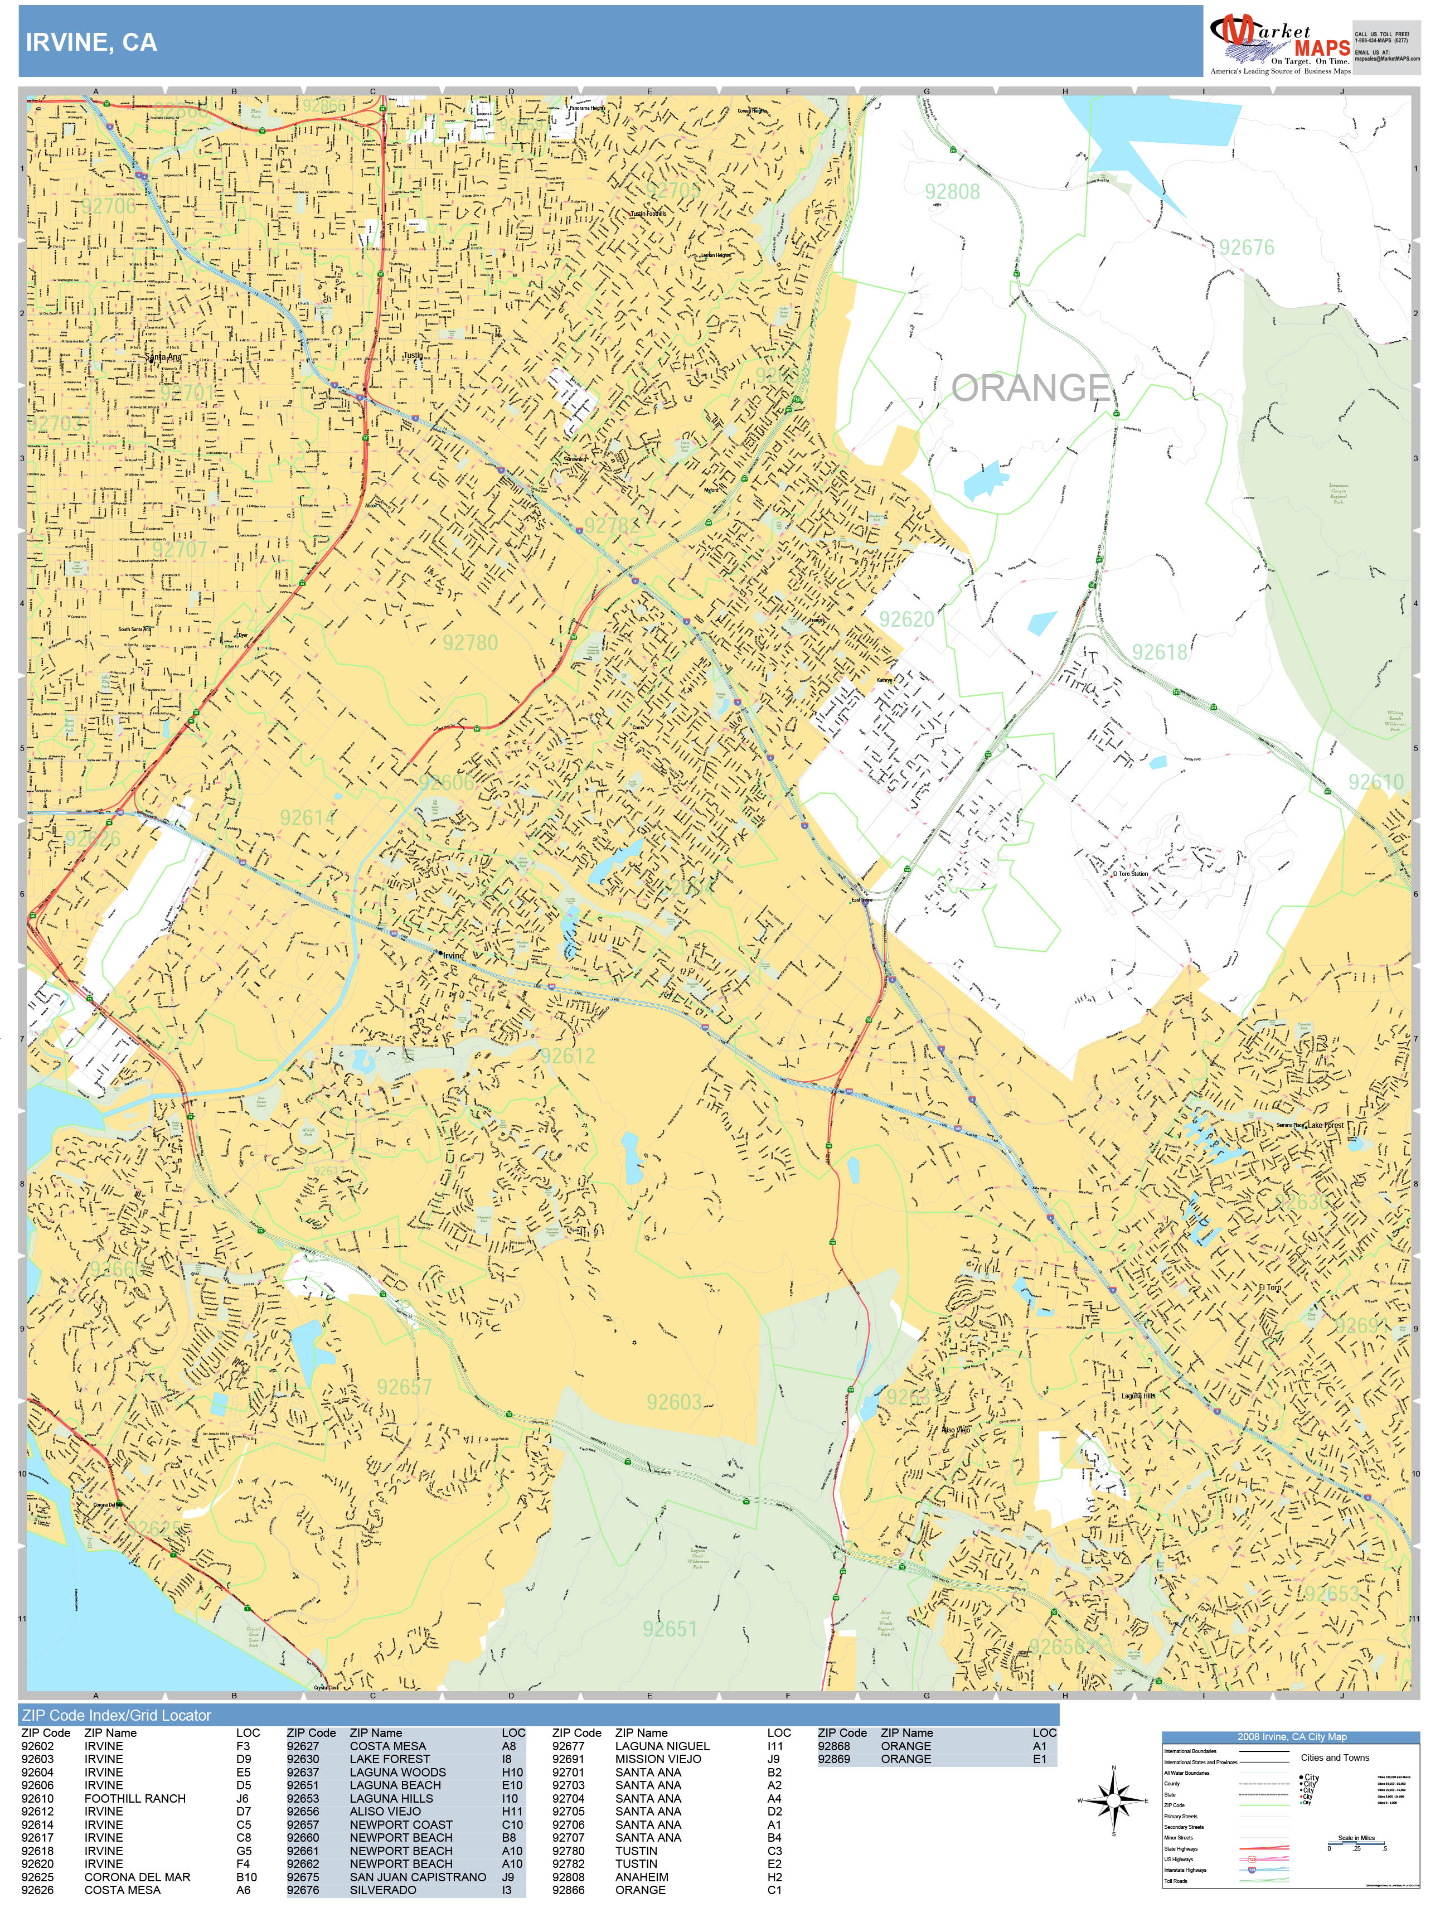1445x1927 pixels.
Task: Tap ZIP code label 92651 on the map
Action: (669, 1629)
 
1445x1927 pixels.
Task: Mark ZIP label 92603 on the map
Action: (673, 1402)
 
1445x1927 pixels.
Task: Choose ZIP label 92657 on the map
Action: (404, 1387)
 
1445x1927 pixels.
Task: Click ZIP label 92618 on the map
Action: (1160, 652)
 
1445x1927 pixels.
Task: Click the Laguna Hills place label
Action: (1137, 1396)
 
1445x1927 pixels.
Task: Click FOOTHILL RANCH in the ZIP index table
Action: (134, 1798)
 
